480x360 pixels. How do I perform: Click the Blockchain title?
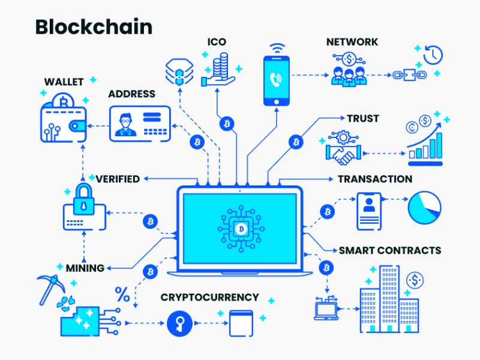[94, 27]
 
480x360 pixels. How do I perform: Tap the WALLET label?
[64, 81]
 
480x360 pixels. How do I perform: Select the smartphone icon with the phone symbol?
[276, 80]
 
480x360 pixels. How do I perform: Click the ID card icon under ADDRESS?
[140, 123]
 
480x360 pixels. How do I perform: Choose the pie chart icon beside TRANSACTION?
[424, 207]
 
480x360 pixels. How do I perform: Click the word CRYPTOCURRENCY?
[209, 298]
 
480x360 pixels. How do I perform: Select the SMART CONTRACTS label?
[390, 250]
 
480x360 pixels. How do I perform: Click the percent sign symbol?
[122, 294]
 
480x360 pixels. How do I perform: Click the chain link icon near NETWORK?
[404, 75]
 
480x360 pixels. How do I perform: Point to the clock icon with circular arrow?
[432, 55]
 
